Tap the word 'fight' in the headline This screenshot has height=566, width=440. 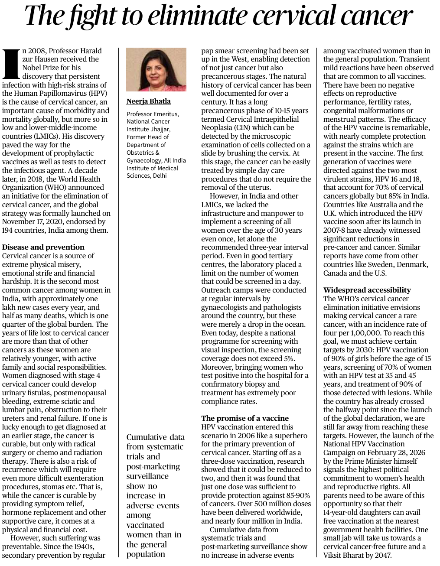coord(87,16)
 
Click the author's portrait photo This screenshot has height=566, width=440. coord(156,69)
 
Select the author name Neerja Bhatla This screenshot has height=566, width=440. coord(149,101)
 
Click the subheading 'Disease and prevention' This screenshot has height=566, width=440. coord(43,247)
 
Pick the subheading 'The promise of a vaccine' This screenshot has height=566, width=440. coord(245,418)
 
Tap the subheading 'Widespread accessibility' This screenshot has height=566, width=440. coord(367,290)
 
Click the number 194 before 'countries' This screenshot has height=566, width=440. coord(9,230)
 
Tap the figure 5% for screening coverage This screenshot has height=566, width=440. coord(287,358)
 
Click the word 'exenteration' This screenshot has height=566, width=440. coord(83,478)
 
